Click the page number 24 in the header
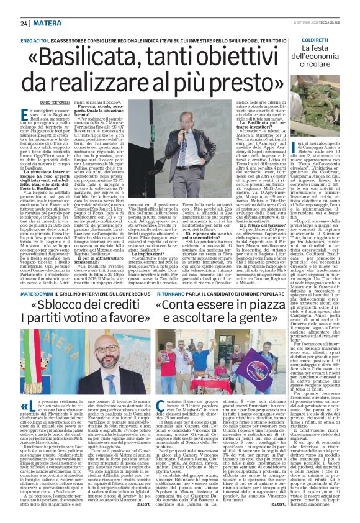pos(24,22)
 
